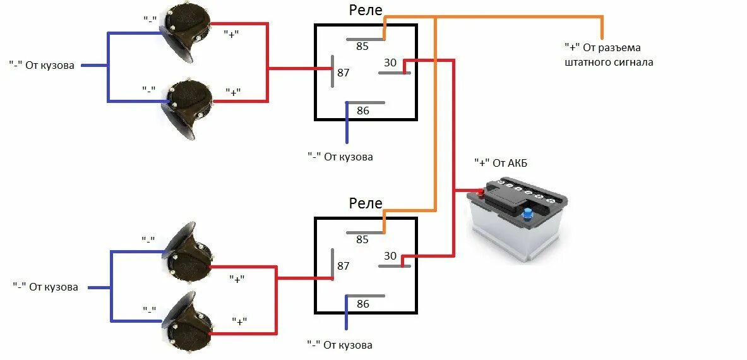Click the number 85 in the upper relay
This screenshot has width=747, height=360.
[x=362, y=46]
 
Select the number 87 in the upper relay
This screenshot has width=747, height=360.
[x=343, y=73]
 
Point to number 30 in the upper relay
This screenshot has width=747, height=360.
[x=390, y=63]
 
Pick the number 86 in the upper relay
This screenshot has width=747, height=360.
[x=362, y=111]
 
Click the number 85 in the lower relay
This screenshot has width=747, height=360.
[x=362, y=239]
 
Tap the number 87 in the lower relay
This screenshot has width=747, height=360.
[x=343, y=266]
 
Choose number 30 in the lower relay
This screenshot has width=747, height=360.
[x=390, y=256]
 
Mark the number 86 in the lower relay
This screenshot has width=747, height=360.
[x=362, y=304]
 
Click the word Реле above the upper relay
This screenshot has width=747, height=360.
[x=366, y=11]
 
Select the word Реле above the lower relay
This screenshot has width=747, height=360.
[x=366, y=203]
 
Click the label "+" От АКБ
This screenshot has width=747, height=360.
[x=501, y=163]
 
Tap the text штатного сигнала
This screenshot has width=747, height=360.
[x=609, y=63]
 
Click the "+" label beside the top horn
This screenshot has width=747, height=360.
[x=232, y=34]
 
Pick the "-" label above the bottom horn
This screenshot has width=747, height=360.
[x=149, y=309]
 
